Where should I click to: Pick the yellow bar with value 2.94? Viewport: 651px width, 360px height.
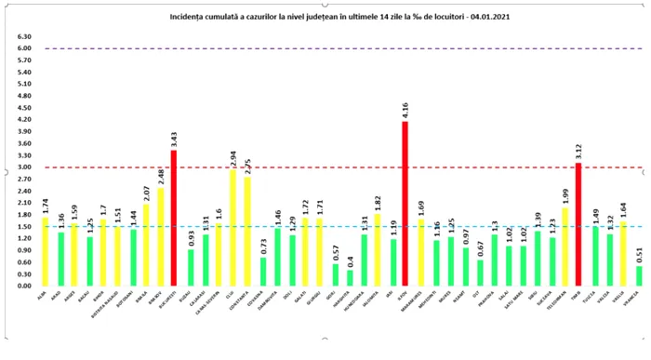coord(232,227)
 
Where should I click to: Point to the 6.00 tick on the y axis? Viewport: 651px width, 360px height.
coord(25,48)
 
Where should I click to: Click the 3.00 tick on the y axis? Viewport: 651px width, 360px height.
coord(25,167)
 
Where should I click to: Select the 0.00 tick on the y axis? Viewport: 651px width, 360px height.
coord(25,286)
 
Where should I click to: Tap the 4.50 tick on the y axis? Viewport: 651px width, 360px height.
coord(25,108)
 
